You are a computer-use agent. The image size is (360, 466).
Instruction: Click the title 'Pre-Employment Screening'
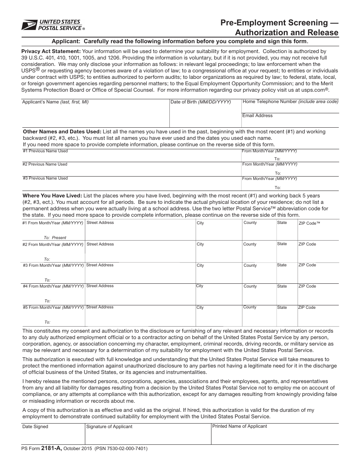coord(279,23)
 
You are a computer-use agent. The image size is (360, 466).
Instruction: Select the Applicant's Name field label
coord(55,102)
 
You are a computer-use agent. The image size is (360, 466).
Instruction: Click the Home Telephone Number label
coord(290,102)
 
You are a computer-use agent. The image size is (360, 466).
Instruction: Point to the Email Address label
coord(257,116)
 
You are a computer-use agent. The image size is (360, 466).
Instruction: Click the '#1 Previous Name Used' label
coord(45,151)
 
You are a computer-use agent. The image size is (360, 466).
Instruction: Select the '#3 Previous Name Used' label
coord(45,178)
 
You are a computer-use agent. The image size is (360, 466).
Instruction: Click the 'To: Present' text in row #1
coord(55,238)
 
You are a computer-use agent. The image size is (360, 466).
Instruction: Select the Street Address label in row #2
coord(100,244)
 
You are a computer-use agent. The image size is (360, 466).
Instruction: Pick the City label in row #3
coord(200,265)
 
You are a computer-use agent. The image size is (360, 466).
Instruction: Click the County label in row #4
coord(250,286)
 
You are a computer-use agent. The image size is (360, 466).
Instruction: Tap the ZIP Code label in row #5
coord(307,307)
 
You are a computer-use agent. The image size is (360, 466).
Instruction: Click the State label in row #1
coord(282,222)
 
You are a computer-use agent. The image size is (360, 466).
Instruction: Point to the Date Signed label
coord(35,427)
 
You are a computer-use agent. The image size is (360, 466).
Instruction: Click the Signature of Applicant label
coord(110,427)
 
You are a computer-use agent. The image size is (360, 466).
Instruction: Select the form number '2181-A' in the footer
coord(51,449)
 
